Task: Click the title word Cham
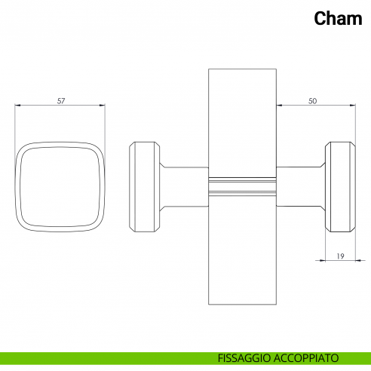(x=338, y=18)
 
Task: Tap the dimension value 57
(x=61, y=101)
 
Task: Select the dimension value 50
(x=312, y=101)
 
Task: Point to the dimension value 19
(x=340, y=256)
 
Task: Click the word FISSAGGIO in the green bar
(x=244, y=358)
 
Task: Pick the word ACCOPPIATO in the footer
(x=306, y=358)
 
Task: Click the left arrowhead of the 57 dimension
(x=17, y=106)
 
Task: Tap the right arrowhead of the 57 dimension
(x=103, y=106)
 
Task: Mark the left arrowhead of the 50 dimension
(x=279, y=106)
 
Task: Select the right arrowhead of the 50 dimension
(x=353, y=106)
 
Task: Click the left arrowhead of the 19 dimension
(x=323, y=260)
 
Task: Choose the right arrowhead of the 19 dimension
(x=358, y=260)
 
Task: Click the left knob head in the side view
(x=144, y=187)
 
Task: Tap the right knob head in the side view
(x=340, y=187)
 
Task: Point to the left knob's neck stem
(x=184, y=187)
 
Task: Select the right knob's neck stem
(x=301, y=187)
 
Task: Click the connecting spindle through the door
(x=243, y=187)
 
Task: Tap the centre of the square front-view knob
(x=60, y=187)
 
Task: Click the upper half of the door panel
(x=243, y=123)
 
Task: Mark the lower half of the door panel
(x=243, y=250)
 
